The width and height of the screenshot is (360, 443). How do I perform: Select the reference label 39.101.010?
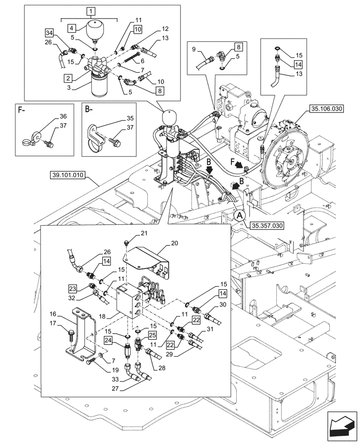[x=66, y=177]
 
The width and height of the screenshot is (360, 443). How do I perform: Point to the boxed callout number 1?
[x=90, y=10]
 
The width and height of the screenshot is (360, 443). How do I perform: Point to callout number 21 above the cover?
[x=131, y=233]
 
